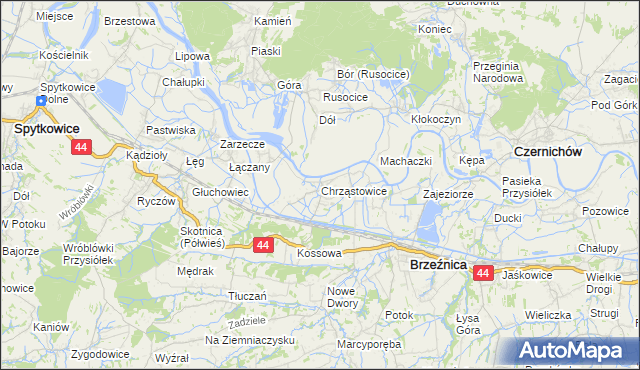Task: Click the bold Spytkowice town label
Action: (47, 129)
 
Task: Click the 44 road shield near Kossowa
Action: (262, 244)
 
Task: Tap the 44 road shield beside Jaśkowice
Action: (484, 273)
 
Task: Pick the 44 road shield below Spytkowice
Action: (81, 147)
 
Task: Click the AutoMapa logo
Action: (577, 350)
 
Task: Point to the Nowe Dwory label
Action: (341, 297)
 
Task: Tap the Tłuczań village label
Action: (247, 296)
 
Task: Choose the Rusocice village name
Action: (345, 97)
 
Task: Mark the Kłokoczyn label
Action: (435, 118)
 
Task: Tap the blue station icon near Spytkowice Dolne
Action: (42, 101)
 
